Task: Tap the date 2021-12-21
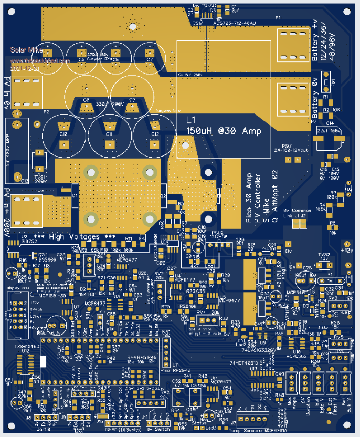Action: coord(24,69)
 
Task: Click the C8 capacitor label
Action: coord(86,99)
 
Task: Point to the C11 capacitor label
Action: coord(110,134)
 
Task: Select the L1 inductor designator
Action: coord(191,119)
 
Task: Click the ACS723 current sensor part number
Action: coord(235,23)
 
